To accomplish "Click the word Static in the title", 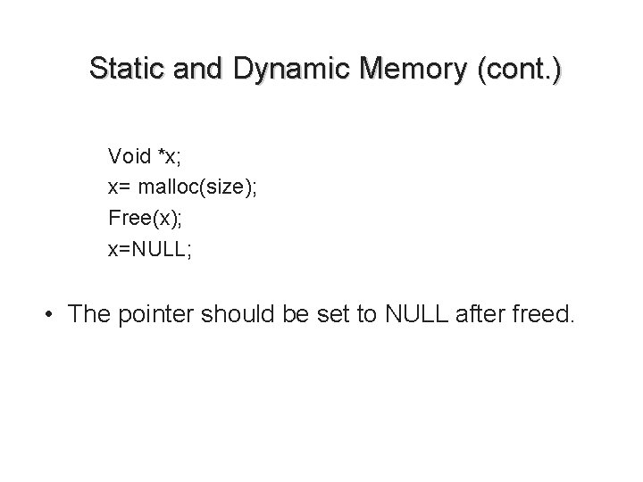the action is point(125,69).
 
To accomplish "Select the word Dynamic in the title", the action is point(274,69).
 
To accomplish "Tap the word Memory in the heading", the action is point(401,69).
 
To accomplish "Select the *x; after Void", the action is point(170,157).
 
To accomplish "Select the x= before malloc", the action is point(118,188).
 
